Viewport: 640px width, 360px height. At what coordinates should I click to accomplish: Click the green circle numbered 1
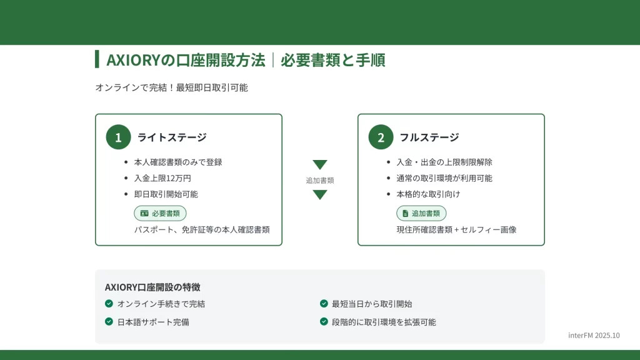click(118, 137)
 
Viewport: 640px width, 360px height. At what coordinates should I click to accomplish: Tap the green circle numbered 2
click(381, 137)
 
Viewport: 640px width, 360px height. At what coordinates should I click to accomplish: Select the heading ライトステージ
click(172, 137)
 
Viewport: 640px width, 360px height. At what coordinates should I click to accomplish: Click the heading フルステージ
click(429, 137)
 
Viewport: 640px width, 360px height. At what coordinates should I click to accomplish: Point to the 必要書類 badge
click(160, 214)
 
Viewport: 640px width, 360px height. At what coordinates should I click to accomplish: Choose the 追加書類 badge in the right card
click(421, 214)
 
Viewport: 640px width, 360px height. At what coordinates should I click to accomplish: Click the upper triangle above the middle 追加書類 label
click(320, 164)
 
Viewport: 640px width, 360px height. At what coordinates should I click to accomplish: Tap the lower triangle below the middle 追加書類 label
click(320, 195)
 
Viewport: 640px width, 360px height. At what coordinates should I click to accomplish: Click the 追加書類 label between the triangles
click(320, 181)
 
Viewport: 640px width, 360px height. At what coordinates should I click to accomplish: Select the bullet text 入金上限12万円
click(162, 178)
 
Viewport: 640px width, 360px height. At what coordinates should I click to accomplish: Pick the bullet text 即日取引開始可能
click(166, 194)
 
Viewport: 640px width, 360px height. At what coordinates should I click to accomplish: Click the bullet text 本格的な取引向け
click(428, 194)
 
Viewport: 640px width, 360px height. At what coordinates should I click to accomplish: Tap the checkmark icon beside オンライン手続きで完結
click(109, 303)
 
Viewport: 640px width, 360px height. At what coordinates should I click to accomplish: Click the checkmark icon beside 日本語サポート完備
click(109, 322)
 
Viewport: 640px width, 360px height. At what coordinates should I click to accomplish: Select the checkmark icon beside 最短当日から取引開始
click(324, 303)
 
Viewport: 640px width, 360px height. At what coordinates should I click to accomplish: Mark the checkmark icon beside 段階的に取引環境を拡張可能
click(324, 322)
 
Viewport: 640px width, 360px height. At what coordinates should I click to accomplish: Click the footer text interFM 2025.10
click(594, 336)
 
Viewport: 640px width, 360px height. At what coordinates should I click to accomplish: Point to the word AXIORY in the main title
click(133, 61)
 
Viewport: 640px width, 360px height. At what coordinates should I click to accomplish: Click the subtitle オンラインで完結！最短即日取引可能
click(171, 87)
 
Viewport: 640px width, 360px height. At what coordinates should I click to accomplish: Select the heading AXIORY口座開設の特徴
click(152, 287)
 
